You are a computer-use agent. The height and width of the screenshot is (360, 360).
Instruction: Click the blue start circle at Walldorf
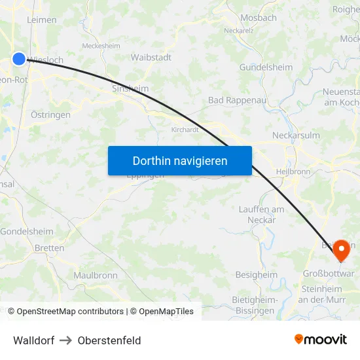pyautogui.click(x=18, y=59)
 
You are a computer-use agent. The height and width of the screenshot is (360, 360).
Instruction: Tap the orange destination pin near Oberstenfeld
pyautogui.click(x=341, y=250)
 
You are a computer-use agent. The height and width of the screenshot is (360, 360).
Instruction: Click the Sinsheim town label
pyautogui.click(x=130, y=88)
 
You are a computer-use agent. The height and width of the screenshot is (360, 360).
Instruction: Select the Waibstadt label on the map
pyautogui.click(x=151, y=58)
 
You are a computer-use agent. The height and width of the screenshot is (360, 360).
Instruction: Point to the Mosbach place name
pyautogui.click(x=259, y=18)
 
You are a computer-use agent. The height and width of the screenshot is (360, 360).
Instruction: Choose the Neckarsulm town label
pyautogui.click(x=296, y=135)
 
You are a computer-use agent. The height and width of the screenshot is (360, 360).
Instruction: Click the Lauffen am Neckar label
pyautogui.click(x=261, y=214)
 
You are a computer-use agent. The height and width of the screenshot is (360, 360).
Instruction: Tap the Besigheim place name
pyautogui.click(x=256, y=275)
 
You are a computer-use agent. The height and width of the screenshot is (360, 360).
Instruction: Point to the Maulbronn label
pyautogui.click(x=96, y=276)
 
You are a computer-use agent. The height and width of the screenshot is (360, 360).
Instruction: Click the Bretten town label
pyautogui.click(x=50, y=248)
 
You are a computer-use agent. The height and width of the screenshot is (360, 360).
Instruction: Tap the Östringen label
pyautogui.click(x=50, y=115)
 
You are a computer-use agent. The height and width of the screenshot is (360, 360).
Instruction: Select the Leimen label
pyautogui.click(x=42, y=20)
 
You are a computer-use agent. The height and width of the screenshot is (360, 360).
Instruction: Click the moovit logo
pyautogui.click(x=321, y=340)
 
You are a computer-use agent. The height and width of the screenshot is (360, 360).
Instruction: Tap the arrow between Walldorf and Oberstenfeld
pyautogui.click(x=66, y=340)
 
